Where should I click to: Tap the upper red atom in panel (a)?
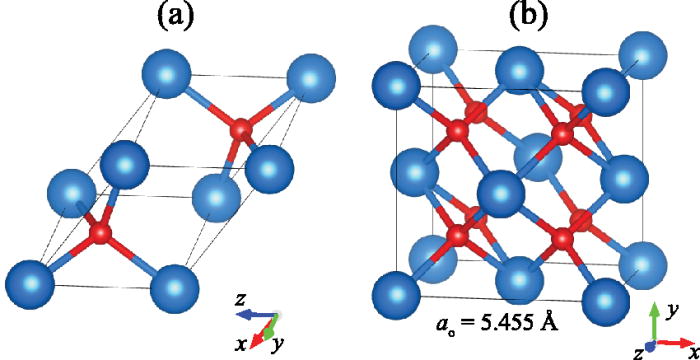click(x=240, y=130)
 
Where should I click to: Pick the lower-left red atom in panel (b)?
click(x=457, y=237)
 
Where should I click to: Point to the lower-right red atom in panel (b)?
click(x=567, y=238)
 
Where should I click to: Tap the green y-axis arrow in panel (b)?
click(x=651, y=319)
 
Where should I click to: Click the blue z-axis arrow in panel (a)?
click(x=252, y=314)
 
